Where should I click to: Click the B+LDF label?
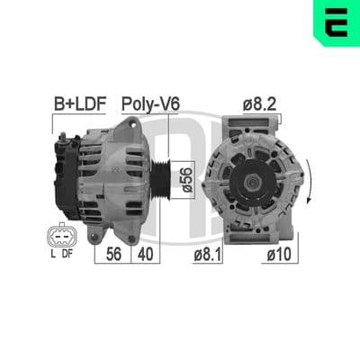click(x=80, y=104)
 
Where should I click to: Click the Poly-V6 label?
click(x=150, y=104)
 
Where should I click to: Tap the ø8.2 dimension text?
click(x=259, y=104)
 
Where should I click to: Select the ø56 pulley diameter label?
click(x=186, y=180)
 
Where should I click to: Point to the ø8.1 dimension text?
click(x=208, y=255)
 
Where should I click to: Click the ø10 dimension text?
click(x=279, y=255)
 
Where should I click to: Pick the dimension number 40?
click(x=145, y=255)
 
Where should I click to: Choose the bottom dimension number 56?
click(x=113, y=255)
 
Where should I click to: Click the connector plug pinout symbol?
click(x=62, y=236)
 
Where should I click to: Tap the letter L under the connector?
click(x=53, y=254)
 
